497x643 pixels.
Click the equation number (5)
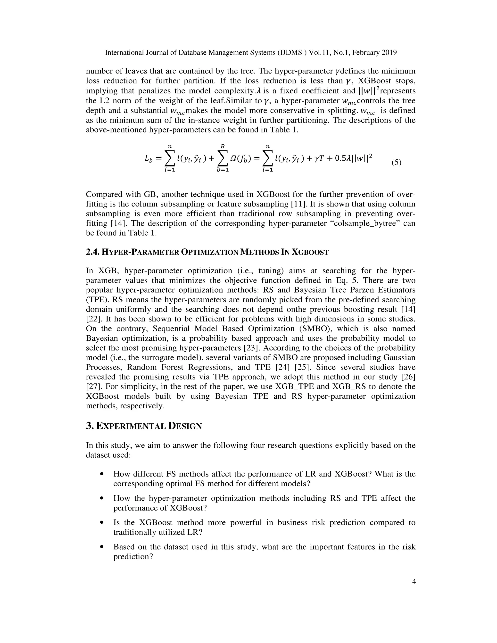tap(396, 163)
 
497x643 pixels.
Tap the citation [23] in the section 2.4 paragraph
tap(252, 348)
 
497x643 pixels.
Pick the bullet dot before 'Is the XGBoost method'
tap(102, 523)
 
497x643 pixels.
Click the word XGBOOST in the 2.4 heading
tap(310, 252)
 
